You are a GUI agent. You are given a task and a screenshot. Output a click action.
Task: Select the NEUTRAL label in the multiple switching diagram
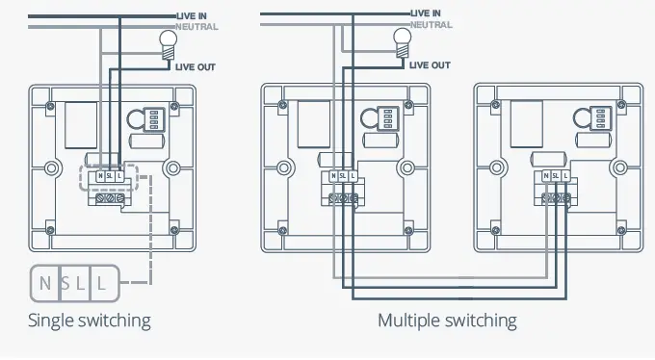tap(432, 24)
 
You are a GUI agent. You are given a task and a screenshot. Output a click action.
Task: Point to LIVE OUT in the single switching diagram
tap(196, 65)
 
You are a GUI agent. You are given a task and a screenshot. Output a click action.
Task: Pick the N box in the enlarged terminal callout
tap(45, 284)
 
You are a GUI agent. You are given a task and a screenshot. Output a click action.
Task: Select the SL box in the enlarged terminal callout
tap(74, 284)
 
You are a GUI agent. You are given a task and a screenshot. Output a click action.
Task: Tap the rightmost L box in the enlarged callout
tap(102, 284)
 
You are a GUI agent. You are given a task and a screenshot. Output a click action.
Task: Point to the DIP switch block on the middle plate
tap(387, 118)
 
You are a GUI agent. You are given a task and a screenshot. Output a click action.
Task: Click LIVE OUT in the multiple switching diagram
tap(430, 64)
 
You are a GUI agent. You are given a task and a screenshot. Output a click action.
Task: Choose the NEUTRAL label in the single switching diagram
tap(197, 27)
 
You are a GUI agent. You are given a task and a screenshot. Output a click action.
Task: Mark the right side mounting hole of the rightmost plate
tap(617, 168)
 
